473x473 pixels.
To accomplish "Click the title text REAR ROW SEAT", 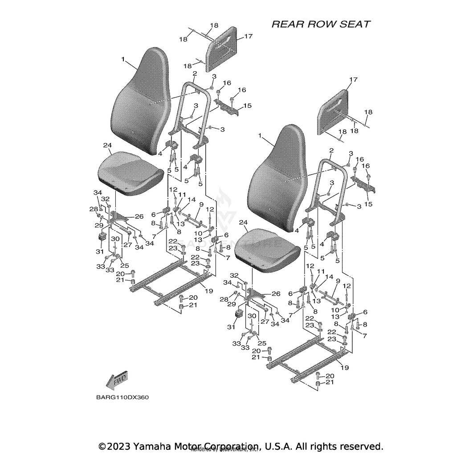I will tap(321, 24).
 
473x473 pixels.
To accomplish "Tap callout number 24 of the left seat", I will tap(107, 146).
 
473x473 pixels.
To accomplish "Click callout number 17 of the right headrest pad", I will tap(353, 80).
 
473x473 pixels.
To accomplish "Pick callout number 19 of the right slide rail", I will tap(345, 367).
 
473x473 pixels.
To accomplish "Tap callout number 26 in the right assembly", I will tap(276, 294).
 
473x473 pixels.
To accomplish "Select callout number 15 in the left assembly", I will tap(247, 106).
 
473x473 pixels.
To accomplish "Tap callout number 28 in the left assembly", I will tap(94, 209).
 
